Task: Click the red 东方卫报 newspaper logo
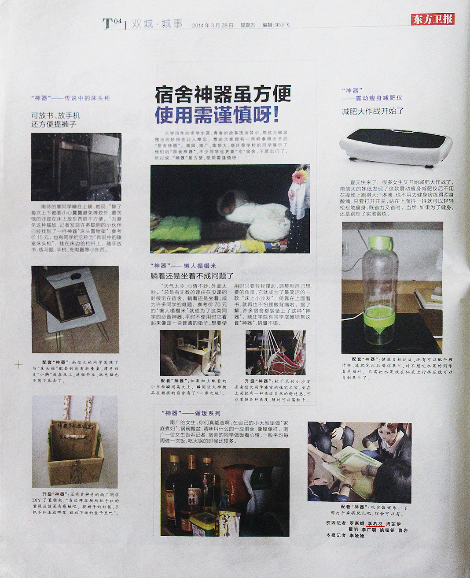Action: pyautogui.click(x=433, y=19)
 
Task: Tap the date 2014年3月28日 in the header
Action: pyautogui.click(x=213, y=26)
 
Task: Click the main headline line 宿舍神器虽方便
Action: pyautogui.click(x=223, y=94)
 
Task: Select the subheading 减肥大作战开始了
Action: pyautogui.click(x=373, y=111)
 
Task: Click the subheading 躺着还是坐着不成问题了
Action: pyautogui.click(x=192, y=276)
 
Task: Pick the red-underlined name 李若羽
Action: pyautogui.click(x=375, y=523)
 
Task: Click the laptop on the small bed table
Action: pyautogui.click(x=70, y=300)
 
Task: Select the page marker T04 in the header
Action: pyautogui.click(x=112, y=23)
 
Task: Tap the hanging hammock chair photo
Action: pyautogui.click(x=275, y=353)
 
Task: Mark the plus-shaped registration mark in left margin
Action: pyautogui.click(x=18, y=365)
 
